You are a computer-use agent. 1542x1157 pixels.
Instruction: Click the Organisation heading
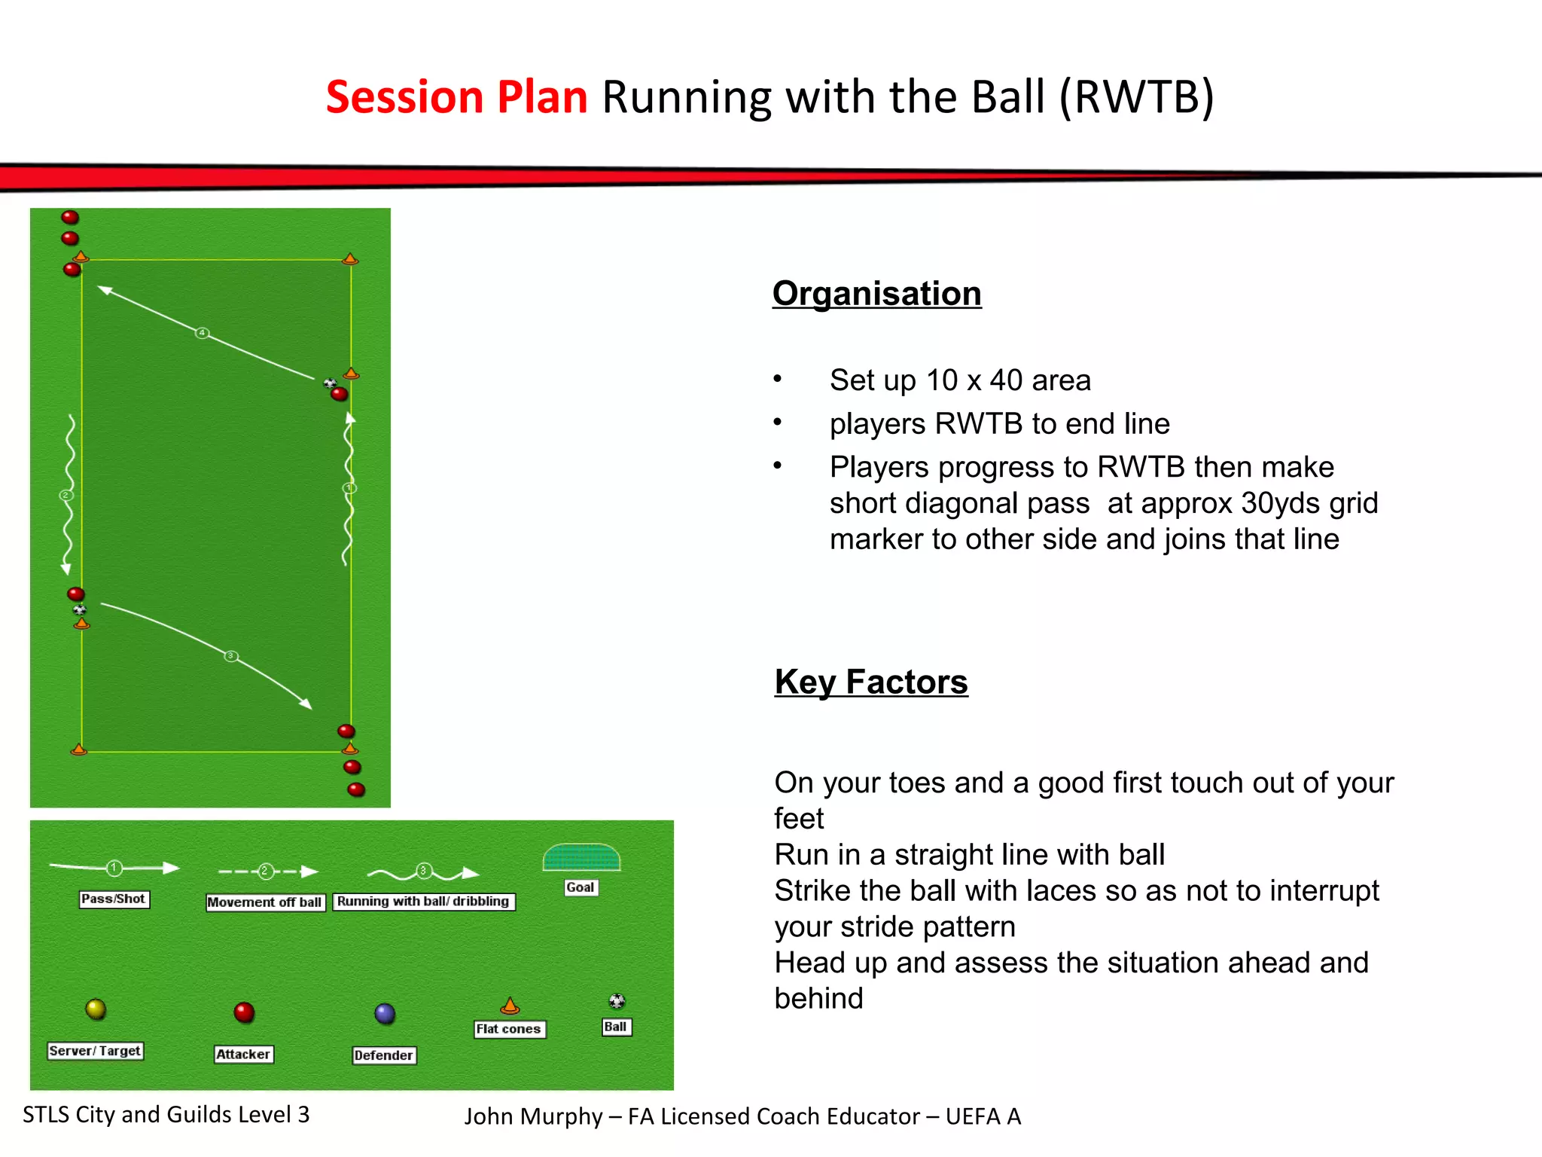pyautogui.click(x=876, y=294)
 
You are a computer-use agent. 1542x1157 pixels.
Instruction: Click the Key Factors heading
pyautogui.click(x=871, y=682)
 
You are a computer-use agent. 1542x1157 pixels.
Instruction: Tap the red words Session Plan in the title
pyautogui.click(x=456, y=97)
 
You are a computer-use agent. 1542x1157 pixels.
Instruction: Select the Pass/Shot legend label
pyautogui.click(x=114, y=899)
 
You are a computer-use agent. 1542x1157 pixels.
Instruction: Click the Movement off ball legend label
pyautogui.click(x=265, y=902)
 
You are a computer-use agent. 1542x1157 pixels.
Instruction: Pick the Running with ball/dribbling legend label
pyautogui.click(x=423, y=902)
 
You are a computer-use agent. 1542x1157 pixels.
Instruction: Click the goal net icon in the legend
pyautogui.click(x=581, y=857)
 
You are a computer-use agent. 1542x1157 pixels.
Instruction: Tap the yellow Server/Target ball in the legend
pyautogui.click(x=96, y=1009)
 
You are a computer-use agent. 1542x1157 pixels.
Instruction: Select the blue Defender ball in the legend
pyautogui.click(x=385, y=1013)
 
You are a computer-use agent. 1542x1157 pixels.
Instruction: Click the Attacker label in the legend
pyautogui.click(x=243, y=1054)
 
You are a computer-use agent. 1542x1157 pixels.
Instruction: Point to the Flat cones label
pyautogui.click(x=509, y=1029)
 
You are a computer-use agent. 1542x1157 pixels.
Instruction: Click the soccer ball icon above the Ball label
pyautogui.click(x=617, y=1001)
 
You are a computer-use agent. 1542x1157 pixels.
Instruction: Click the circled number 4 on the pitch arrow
pyautogui.click(x=202, y=333)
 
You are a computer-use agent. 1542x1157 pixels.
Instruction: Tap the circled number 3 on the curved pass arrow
pyautogui.click(x=231, y=656)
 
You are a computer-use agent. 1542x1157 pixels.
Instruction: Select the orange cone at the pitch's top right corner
pyautogui.click(x=350, y=259)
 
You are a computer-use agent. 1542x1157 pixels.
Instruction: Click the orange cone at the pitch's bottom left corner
pyautogui.click(x=78, y=749)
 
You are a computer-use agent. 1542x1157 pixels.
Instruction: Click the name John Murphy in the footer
pyautogui.click(x=533, y=1116)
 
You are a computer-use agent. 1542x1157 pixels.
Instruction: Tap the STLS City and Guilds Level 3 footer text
pyautogui.click(x=166, y=1115)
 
